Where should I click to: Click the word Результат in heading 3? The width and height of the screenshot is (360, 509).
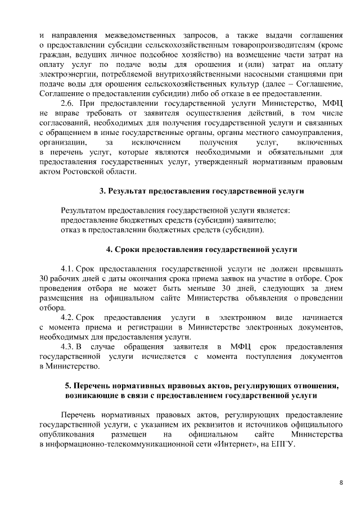(x=127, y=191)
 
